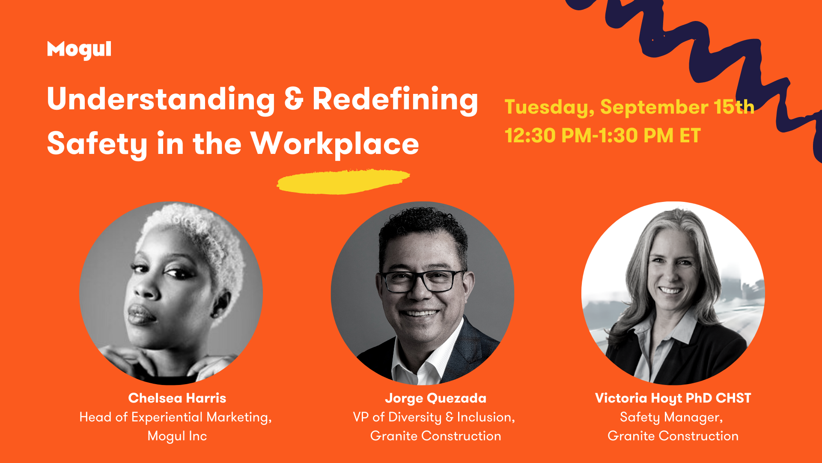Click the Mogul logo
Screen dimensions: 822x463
[x=79, y=50]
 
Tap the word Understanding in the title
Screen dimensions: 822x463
[x=161, y=100]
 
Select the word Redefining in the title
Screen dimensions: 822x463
[x=395, y=100]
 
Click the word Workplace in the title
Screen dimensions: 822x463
[x=335, y=144]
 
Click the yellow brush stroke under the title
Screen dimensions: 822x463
[x=343, y=181]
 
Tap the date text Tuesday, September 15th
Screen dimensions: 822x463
[x=629, y=107]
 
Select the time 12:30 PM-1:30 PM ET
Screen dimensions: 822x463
[x=603, y=135]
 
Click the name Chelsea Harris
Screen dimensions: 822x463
[x=177, y=398]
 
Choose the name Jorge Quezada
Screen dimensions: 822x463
[x=436, y=399]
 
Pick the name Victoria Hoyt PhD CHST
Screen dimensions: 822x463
[x=673, y=399]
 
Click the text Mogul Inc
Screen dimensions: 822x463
[x=177, y=436]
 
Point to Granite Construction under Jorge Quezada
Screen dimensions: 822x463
[x=436, y=436]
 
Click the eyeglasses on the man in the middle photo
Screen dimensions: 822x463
[x=422, y=281]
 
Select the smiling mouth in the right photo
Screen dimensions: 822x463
[x=670, y=290]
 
